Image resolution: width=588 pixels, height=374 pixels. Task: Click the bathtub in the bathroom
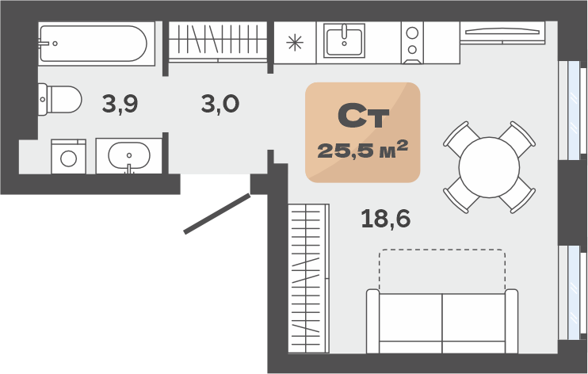click(x=97, y=44)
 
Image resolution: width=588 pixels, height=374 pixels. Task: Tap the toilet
click(x=60, y=99)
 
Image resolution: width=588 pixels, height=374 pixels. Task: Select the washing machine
click(x=69, y=156)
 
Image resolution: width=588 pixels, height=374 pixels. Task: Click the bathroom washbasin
click(x=129, y=155)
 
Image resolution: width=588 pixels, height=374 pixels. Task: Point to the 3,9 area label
click(x=120, y=104)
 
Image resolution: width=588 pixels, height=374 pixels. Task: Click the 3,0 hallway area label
click(x=220, y=104)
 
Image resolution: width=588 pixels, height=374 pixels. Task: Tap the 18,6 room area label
click(x=385, y=219)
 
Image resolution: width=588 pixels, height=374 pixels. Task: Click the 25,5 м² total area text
click(x=363, y=150)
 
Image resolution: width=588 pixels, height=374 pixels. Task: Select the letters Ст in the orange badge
click(x=363, y=116)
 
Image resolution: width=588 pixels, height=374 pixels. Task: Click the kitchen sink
click(x=344, y=40)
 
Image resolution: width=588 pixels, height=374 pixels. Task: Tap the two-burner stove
click(x=412, y=42)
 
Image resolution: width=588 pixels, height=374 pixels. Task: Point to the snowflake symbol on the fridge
click(x=295, y=42)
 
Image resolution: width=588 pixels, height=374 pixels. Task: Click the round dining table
click(x=489, y=167)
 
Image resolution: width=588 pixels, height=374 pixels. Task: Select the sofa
click(x=442, y=321)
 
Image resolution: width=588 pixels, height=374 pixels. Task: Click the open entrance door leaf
click(x=217, y=213)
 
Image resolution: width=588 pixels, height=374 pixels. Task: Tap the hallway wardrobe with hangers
click(x=217, y=42)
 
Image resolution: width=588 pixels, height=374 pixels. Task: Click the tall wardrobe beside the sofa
click(x=308, y=278)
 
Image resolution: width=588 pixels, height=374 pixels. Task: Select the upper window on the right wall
click(x=572, y=110)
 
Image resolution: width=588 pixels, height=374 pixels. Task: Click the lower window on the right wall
click(x=572, y=292)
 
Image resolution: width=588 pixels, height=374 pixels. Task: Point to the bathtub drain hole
click(x=55, y=44)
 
